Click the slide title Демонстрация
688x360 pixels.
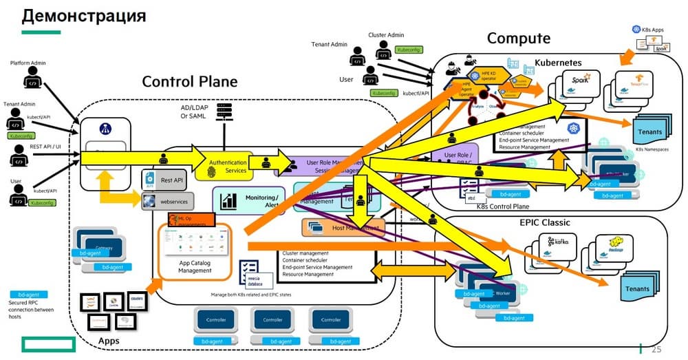(83, 15)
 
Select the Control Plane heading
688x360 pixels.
(189, 81)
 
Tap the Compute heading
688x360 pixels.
(519, 38)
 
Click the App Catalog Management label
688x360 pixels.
(195, 266)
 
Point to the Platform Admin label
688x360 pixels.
(28, 63)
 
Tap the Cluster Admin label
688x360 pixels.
(386, 34)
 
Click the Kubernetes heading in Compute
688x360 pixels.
(558, 63)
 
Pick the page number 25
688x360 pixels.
(655, 350)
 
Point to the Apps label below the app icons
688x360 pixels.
(109, 341)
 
